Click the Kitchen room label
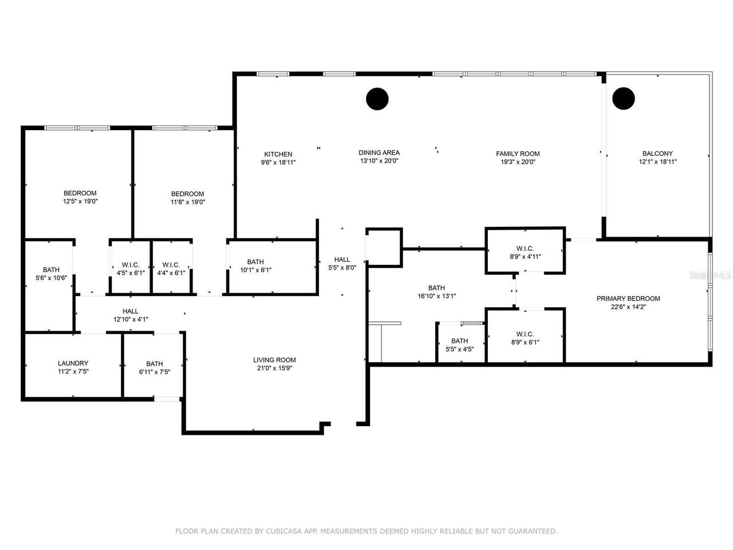point(278,154)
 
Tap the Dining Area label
point(379,152)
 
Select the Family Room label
point(518,154)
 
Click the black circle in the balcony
point(624,99)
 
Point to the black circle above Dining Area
point(377,99)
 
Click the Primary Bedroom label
point(628,298)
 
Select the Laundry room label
point(73,363)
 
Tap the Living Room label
point(274,360)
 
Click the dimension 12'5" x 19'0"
point(80,202)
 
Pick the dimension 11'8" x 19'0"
point(187,202)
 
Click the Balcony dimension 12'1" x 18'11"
point(657,162)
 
